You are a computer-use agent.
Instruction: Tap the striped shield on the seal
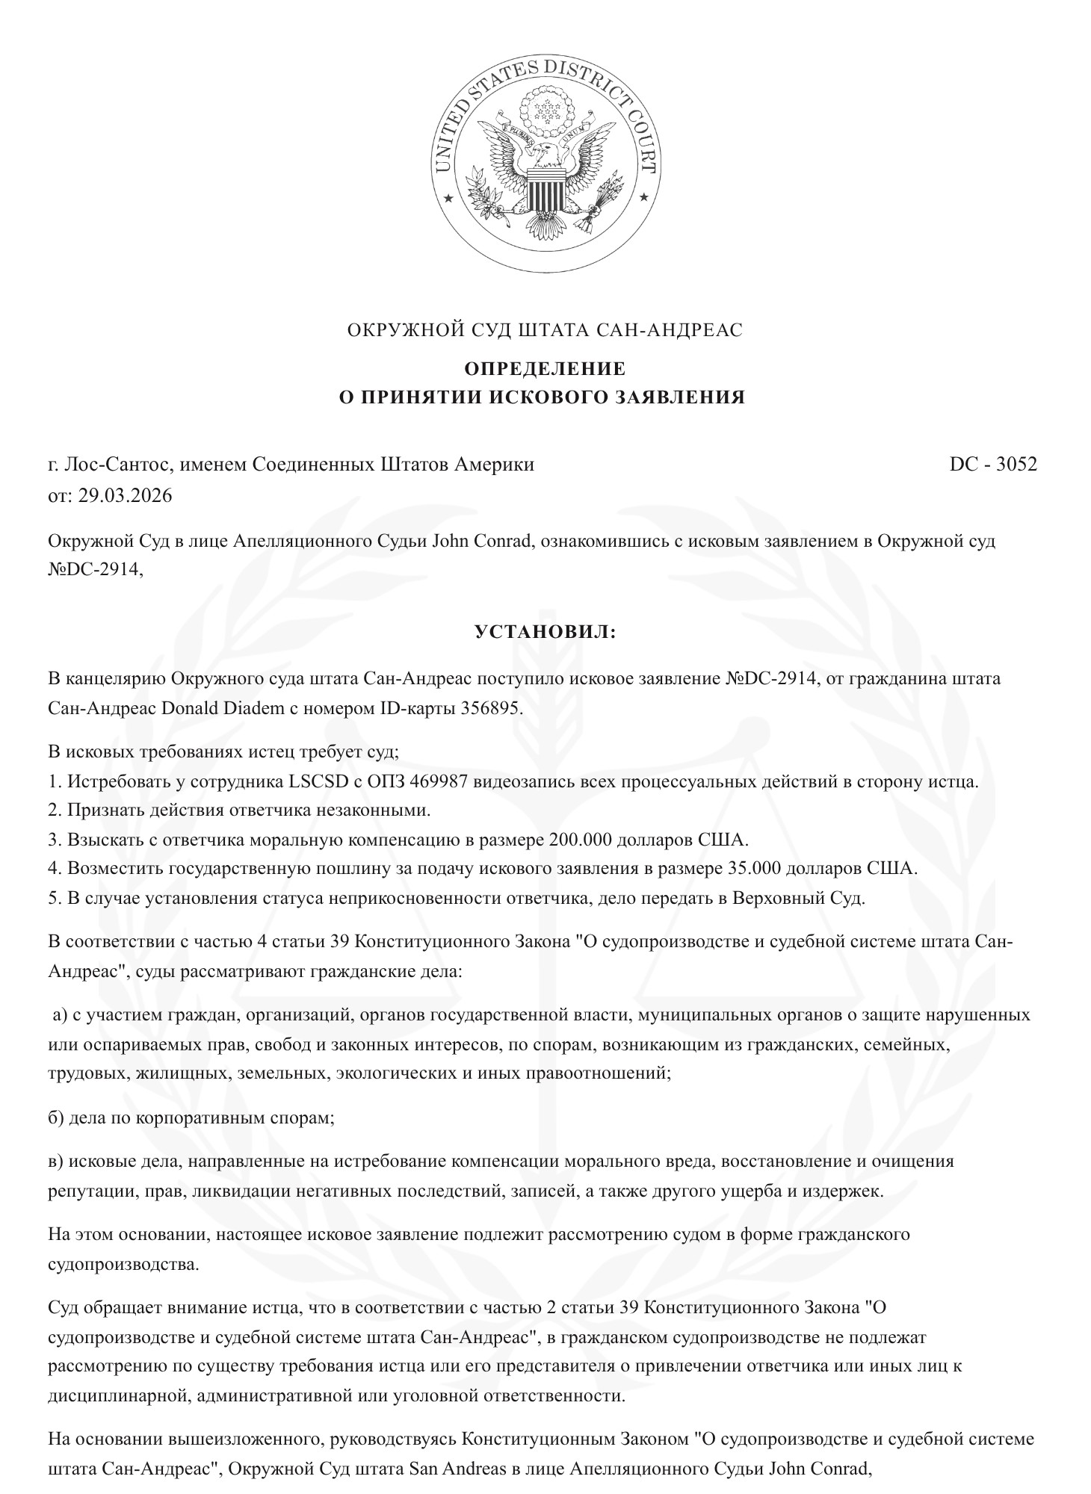tap(545, 189)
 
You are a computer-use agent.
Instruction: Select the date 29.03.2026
tap(125, 495)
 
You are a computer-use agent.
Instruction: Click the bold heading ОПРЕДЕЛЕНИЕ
tap(545, 369)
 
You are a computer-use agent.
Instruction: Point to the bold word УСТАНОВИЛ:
tap(545, 632)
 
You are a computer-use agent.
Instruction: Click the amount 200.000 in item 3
tap(582, 839)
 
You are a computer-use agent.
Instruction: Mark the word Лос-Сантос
tap(114, 464)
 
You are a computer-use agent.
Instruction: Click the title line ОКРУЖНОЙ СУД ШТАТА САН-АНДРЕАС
tap(545, 329)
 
